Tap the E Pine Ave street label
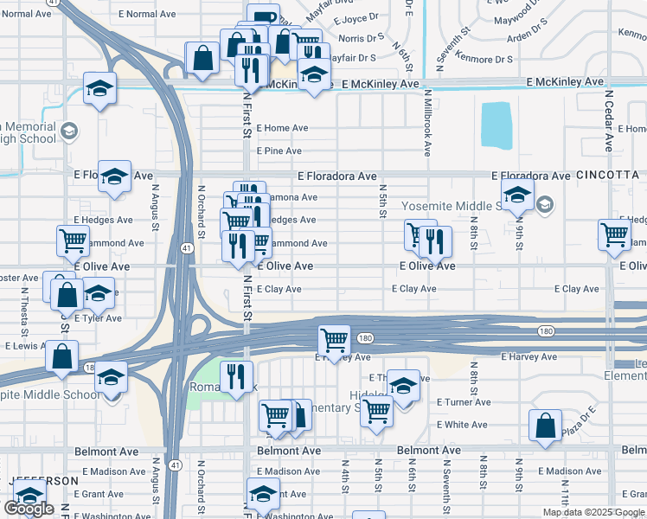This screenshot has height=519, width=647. pyautogui.click(x=279, y=151)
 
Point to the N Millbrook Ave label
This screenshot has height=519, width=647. pyautogui.click(x=427, y=121)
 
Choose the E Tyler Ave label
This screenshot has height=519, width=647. pyautogui.click(x=98, y=318)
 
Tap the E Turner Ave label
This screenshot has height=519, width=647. pyautogui.click(x=464, y=402)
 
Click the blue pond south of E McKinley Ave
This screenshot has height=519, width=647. pyautogui.click(x=495, y=125)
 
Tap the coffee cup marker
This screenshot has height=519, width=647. pyautogui.click(x=263, y=17)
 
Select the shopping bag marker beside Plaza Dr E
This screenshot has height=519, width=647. pyautogui.click(x=545, y=425)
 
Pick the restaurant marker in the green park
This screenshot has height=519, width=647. pyautogui.click(x=233, y=375)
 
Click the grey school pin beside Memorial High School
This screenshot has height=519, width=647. pyautogui.click(x=69, y=131)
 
